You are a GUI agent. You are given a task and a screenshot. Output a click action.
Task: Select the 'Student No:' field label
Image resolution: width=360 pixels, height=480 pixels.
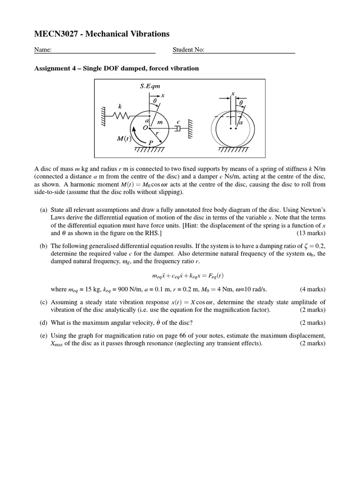[x=188, y=50]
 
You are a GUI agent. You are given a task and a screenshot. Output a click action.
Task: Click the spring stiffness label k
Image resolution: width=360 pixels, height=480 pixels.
[x=120, y=107]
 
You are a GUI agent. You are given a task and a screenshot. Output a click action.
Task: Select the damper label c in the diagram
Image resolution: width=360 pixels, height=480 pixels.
[x=178, y=122]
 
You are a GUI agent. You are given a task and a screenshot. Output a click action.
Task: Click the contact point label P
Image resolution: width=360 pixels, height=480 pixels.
[x=150, y=142]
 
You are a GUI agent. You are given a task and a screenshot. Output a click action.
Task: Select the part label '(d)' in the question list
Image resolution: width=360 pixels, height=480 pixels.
[x=43, y=322]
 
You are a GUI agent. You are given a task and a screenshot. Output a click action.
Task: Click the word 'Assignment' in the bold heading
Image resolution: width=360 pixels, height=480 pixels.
[x=52, y=68]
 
